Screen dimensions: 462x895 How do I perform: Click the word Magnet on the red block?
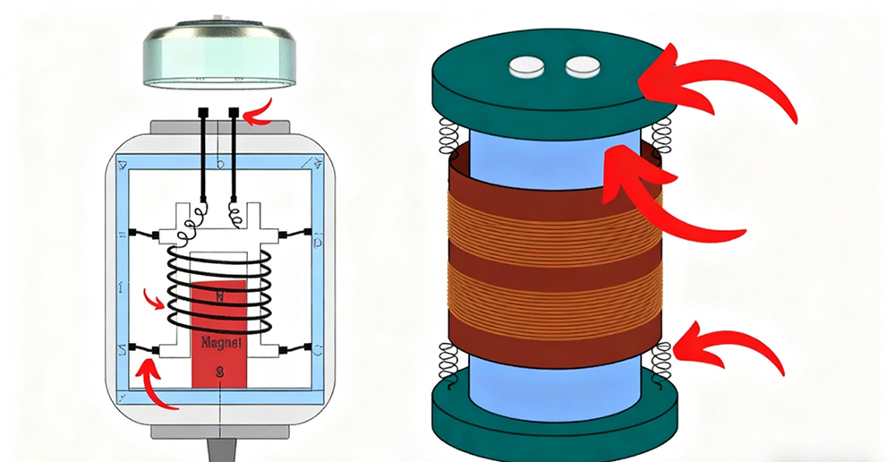[217, 341]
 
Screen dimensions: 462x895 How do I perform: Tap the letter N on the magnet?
[217, 295]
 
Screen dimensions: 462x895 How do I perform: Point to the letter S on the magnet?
[217, 371]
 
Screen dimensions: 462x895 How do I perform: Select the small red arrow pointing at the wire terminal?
[260, 113]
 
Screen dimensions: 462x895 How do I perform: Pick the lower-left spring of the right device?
[447, 363]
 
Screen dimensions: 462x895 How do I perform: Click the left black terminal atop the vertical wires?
[205, 114]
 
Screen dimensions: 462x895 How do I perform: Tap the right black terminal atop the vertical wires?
[234, 114]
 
